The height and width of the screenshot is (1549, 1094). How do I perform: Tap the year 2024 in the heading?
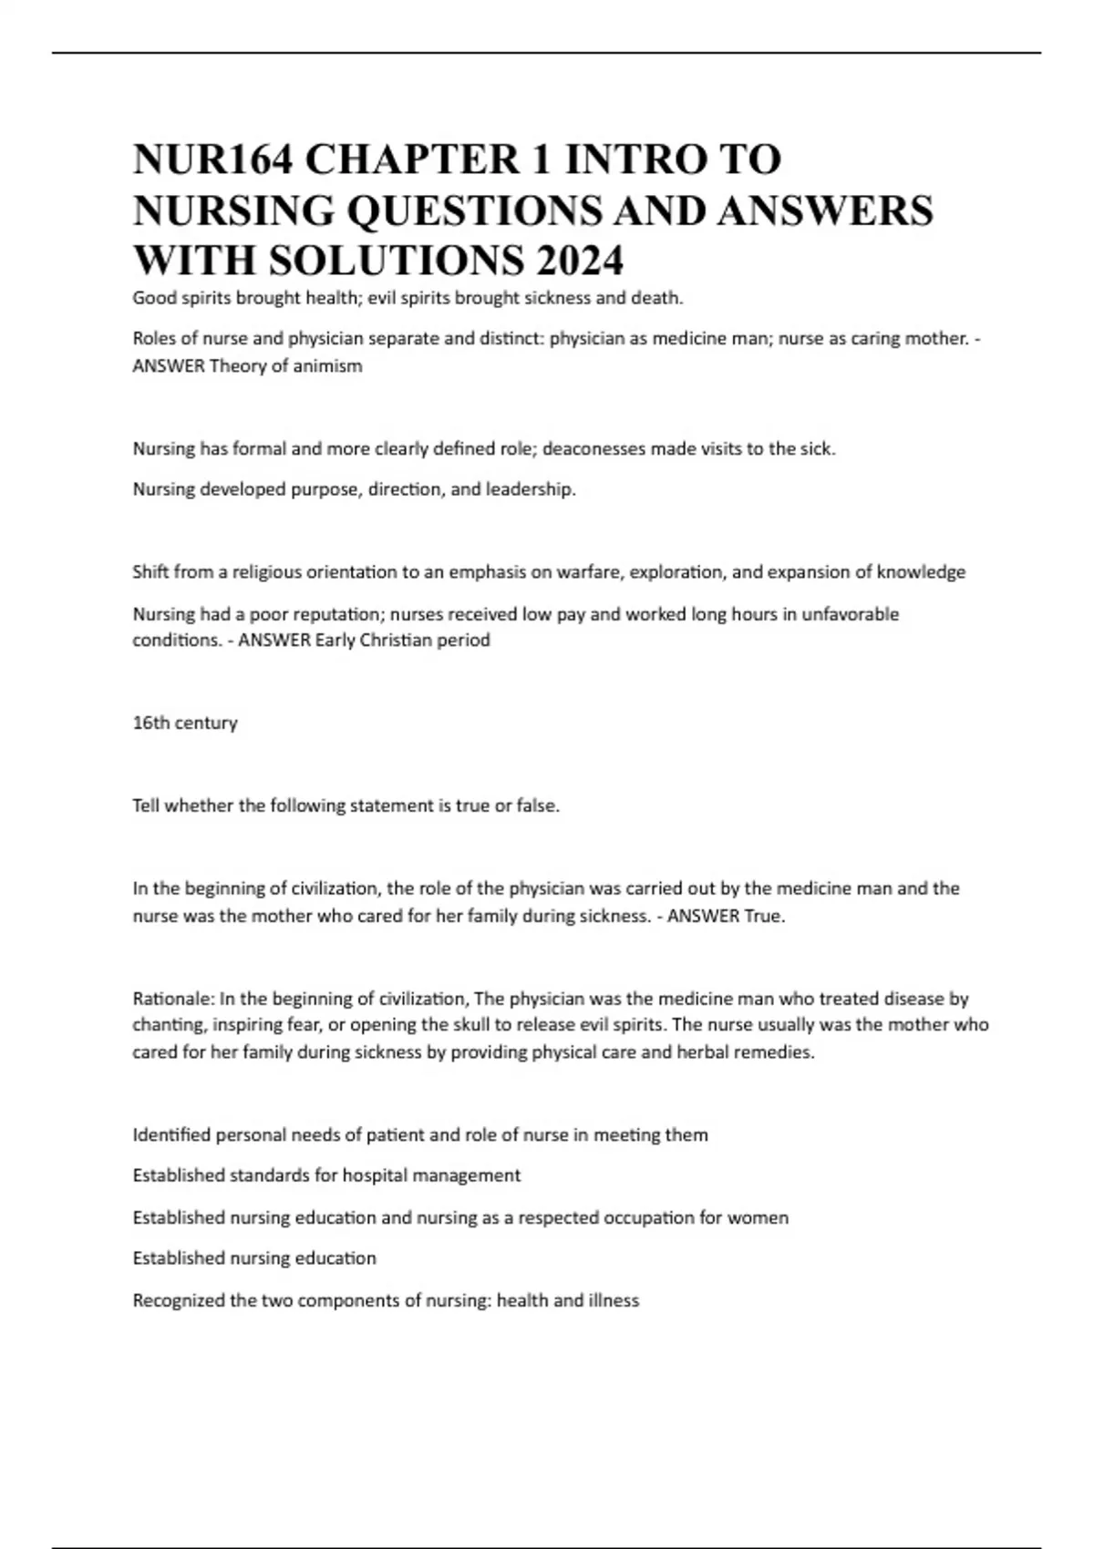(x=579, y=261)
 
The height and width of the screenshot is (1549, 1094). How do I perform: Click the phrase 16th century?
(x=185, y=723)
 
